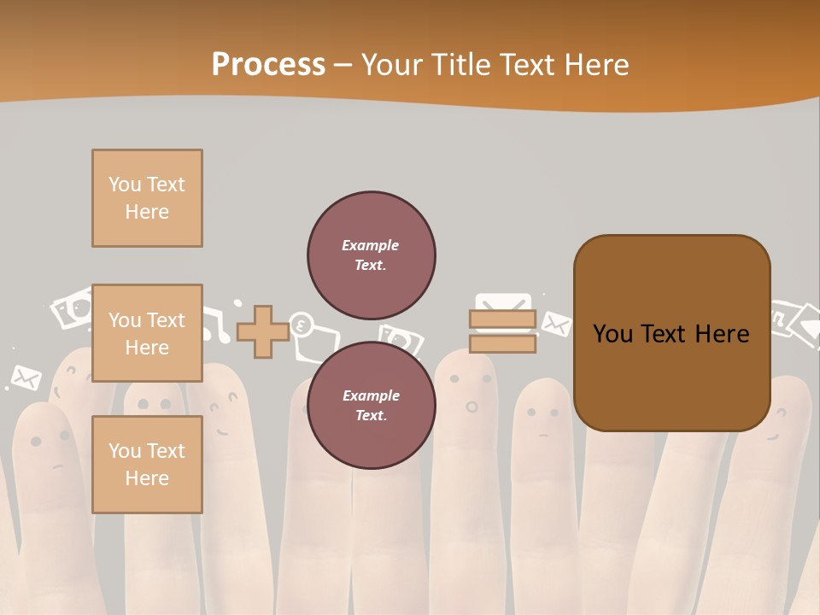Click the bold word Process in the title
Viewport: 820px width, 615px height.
[268, 65]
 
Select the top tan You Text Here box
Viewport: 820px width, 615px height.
[147, 198]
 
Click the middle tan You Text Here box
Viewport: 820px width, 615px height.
[147, 333]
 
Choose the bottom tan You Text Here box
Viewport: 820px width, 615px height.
[147, 464]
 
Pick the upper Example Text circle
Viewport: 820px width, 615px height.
[371, 255]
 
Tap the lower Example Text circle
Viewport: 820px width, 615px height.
[371, 405]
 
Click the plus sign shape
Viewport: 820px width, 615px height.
[262, 331]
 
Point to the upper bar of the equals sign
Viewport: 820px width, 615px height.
[502, 319]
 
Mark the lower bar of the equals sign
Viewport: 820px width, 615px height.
[502, 343]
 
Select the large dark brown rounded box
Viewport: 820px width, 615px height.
[671, 333]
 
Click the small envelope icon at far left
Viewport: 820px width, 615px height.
[25, 377]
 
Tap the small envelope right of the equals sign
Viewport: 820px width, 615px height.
[556, 325]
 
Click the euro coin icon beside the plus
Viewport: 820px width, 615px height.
[301, 325]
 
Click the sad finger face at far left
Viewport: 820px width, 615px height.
[50, 450]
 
